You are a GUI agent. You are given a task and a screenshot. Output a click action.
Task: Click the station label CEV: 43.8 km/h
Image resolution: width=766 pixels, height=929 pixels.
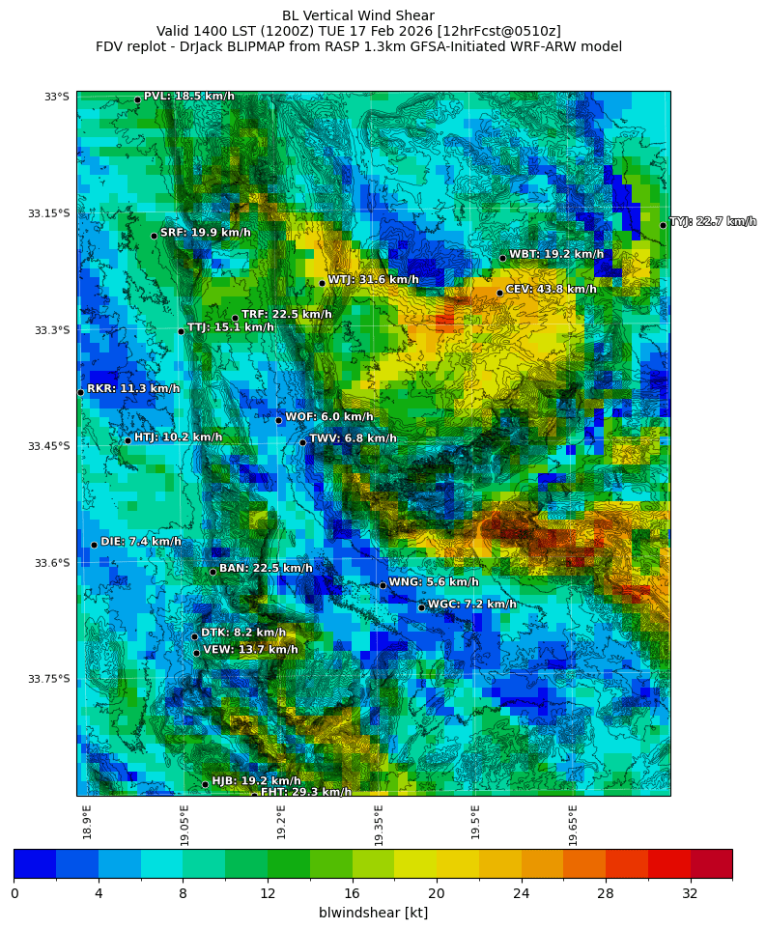[551, 290]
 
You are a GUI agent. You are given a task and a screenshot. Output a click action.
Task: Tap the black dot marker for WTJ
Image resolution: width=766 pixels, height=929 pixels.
[322, 283]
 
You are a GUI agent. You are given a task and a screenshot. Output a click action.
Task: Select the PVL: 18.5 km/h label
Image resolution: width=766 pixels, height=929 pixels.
[188, 97]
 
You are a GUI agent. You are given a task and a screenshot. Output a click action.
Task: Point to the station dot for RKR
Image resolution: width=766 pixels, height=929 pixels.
[80, 392]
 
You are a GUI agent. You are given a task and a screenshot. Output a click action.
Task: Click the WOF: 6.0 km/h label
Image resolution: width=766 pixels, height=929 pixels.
[328, 417]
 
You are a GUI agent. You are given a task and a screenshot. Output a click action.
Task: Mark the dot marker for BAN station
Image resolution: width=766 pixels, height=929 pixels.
[213, 572]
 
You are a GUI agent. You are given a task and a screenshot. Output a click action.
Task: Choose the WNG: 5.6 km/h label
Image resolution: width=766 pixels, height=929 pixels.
[433, 582]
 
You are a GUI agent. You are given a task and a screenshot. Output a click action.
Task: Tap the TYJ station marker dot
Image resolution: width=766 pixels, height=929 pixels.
[663, 225]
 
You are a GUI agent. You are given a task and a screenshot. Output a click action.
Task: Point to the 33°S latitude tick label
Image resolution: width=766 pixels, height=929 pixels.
[56, 97]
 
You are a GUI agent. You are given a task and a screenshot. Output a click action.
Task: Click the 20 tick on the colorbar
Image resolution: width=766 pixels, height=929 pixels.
[436, 894]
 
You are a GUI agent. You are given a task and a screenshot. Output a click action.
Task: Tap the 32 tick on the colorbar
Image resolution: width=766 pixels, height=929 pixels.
[690, 894]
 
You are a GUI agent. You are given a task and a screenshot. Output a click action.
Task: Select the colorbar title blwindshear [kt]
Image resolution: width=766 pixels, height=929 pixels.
[373, 913]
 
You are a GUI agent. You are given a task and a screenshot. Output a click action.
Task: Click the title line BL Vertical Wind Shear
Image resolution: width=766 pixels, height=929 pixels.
[358, 15]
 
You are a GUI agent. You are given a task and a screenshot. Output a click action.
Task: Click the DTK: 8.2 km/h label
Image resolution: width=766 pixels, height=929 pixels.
[242, 633]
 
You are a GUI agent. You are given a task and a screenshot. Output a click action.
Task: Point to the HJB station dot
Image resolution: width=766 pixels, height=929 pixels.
[205, 784]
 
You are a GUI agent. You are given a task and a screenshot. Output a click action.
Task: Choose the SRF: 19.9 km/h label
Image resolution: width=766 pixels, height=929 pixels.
[205, 233]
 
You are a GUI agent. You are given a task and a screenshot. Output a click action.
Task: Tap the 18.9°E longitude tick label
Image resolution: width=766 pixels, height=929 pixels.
[87, 822]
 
